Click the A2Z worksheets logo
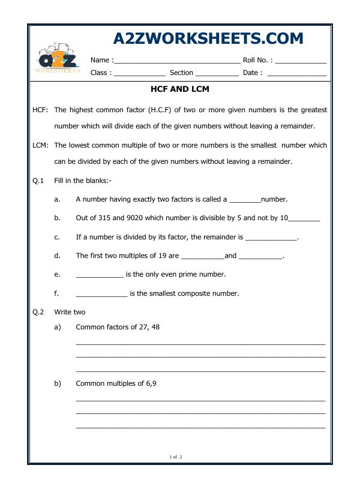[x=58, y=59]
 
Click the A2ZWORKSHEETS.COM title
[x=208, y=38]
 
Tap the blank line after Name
[x=176, y=61]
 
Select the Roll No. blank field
[x=301, y=61]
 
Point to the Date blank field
[x=296, y=73]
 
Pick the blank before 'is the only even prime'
[x=100, y=275]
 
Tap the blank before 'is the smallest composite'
[x=101, y=294]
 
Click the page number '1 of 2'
[x=176, y=457]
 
